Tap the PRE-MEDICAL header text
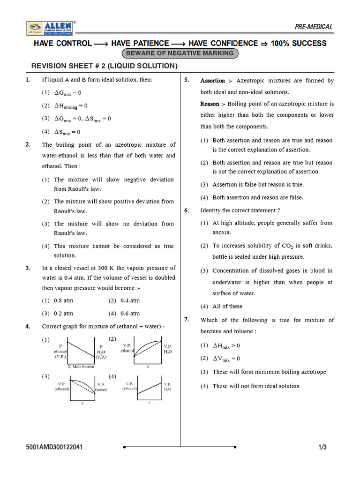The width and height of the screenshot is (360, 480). [314, 27]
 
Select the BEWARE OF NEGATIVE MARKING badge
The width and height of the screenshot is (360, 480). [180, 53]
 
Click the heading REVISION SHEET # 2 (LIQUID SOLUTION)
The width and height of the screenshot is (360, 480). [105, 66]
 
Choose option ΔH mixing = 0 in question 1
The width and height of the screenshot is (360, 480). [71, 106]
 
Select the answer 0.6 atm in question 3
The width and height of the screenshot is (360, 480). [130, 314]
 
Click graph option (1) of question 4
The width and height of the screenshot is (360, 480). [82, 352]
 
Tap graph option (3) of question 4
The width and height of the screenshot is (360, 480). [82, 389]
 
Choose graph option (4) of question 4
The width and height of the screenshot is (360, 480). [147, 389]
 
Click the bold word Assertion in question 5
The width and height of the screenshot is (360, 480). [213, 81]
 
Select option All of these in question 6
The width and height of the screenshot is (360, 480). [227, 306]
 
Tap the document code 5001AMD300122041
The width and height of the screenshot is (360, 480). [55, 447]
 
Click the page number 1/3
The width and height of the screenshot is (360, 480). [322, 447]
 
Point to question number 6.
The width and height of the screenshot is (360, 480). [186, 210]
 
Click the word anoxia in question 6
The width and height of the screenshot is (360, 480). [221, 232]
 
